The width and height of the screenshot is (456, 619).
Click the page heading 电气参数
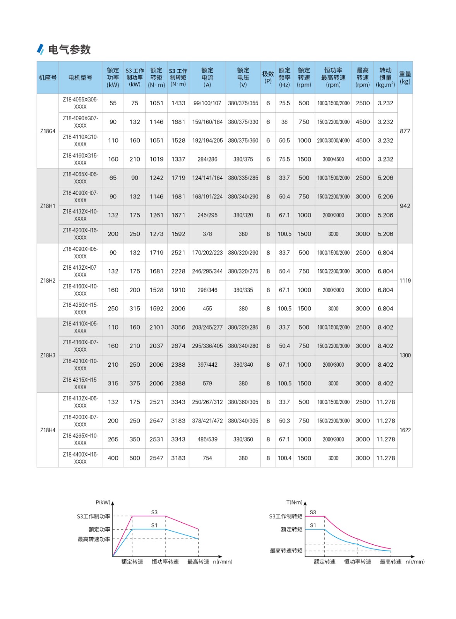pos(69,50)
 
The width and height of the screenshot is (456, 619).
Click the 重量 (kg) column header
pos(405,77)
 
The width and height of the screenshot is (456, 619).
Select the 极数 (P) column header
pos(268,77)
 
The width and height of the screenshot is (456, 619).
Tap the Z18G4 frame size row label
pos(48,131)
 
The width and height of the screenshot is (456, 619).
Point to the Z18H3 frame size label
pos(48,355)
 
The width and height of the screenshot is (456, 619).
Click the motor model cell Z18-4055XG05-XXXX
pos(80,103)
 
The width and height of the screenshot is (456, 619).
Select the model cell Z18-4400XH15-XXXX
pos(80,458)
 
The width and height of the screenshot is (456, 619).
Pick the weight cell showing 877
pos(405,131)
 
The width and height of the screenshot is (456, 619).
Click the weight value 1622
pos(405,430)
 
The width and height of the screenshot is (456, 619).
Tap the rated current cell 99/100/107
pos(207,103)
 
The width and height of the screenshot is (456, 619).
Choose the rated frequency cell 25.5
pos(284,103)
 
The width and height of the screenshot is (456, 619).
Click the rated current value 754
pos(207,458)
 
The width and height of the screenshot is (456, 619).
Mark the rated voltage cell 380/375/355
pos(243,103)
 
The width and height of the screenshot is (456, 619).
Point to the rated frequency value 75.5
pos(284,159)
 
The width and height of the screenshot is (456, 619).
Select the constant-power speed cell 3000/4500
pos(333,159)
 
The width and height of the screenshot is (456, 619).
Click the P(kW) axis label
pos(103,503)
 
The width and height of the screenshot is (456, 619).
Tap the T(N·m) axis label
pos(294,503)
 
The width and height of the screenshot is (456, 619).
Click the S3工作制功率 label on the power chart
pos(94,516)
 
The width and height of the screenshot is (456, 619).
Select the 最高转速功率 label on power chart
pos(94,539)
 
